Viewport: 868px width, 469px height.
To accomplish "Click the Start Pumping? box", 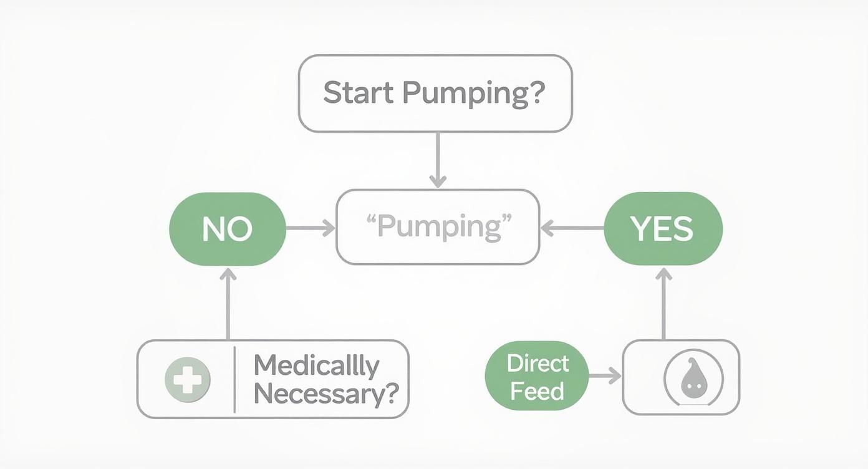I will click(x=435, y=94).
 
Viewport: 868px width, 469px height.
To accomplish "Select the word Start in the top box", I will click(x=359, y=93).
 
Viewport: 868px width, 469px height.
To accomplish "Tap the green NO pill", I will click(x=228, y=230).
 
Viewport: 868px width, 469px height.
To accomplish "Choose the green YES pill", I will click(x=663, y=229).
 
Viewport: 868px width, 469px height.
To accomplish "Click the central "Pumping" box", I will click(x=438, y=228).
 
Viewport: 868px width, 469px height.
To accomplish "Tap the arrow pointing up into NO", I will click(x=228, y=303).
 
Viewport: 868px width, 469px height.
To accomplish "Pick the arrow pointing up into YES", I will click(x=663, y=303).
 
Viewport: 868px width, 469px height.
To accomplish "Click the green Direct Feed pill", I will click(x=536, y=376).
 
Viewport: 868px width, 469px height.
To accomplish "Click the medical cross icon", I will click(x=187, y=379).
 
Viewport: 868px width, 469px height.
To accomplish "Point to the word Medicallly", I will click(x=317, y=365).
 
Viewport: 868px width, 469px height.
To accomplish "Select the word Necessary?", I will click(x=326, y=394).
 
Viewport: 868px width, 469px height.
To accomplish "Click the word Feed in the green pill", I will click(x=537, y=391).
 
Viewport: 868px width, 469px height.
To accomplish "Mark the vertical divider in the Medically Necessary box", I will click(x=234, y=379).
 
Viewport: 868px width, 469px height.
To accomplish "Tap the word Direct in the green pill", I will click(x=538, y=363).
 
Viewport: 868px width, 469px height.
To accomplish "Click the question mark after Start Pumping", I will click(x=536, y=93).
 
